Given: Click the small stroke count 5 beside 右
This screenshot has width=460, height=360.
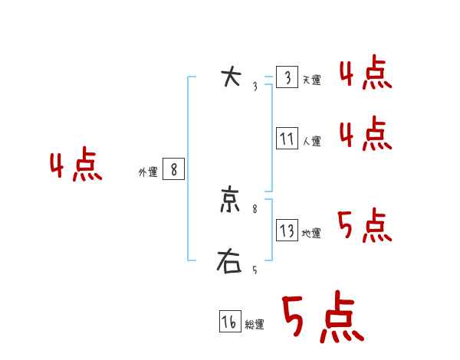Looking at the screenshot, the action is (255, 270).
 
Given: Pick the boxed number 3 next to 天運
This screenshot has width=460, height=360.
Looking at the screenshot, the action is (287, 77).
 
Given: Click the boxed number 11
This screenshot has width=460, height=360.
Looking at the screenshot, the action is (287, 139).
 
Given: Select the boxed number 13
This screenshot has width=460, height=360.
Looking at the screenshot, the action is (287, 231).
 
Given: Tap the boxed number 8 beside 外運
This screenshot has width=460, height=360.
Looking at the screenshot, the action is (174, 169).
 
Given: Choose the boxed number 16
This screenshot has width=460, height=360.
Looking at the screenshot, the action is (229, 322).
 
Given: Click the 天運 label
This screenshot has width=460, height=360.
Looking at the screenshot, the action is (311, 80).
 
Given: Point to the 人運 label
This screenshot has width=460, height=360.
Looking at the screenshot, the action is (311, 142).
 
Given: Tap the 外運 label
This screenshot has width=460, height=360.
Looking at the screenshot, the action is (148, 172).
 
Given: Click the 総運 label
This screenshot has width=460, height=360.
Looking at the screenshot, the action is (255, 326).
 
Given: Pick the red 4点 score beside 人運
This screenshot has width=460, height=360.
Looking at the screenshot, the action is (366, 134).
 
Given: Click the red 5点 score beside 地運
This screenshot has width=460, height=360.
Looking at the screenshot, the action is (366, 225).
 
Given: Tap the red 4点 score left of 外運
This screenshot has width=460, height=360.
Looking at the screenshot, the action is (76, 166).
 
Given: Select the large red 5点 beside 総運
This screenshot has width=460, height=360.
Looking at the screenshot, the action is (323, 317).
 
